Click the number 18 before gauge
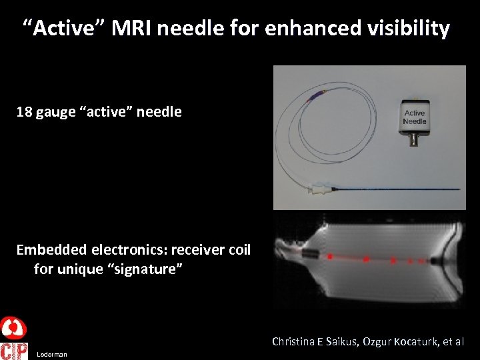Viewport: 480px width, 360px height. point(24,112)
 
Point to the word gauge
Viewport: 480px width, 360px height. point(55,113)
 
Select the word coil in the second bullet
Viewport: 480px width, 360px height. point(239,250)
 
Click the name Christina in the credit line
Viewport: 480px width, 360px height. point(293,341)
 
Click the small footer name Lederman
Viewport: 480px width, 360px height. point(52,355)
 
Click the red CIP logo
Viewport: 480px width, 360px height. point(14,351)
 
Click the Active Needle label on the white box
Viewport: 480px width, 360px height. point(414,117)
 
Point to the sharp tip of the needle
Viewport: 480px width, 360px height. point(459,191)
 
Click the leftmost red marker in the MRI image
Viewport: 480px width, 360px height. point(329,256)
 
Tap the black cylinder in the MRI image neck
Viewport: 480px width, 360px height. point(310,254)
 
